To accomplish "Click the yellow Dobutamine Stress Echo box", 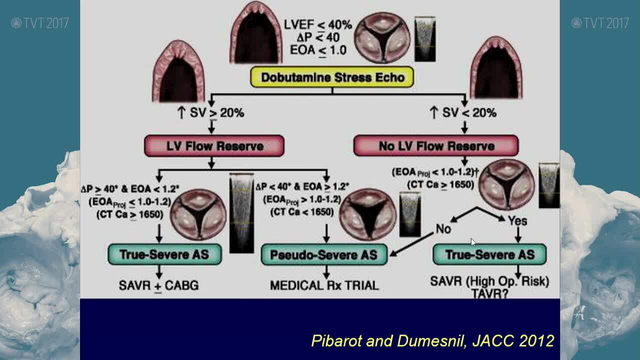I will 331,77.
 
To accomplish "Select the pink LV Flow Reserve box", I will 214,146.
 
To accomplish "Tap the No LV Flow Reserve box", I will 435,146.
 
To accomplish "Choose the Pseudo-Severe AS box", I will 324,255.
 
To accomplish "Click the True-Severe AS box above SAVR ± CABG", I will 164,254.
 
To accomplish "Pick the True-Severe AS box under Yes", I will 489,254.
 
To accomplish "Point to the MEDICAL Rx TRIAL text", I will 324,285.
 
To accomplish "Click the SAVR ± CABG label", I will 158,285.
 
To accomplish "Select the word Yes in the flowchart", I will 517,220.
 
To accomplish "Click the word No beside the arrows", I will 443,229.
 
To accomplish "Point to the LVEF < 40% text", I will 318,24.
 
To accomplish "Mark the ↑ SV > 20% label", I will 210,113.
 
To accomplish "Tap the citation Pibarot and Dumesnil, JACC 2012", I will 432,341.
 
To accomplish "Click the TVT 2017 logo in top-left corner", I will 40,23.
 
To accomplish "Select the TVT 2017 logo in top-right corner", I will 600,23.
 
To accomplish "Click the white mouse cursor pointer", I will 473,242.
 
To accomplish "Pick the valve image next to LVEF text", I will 382,37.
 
